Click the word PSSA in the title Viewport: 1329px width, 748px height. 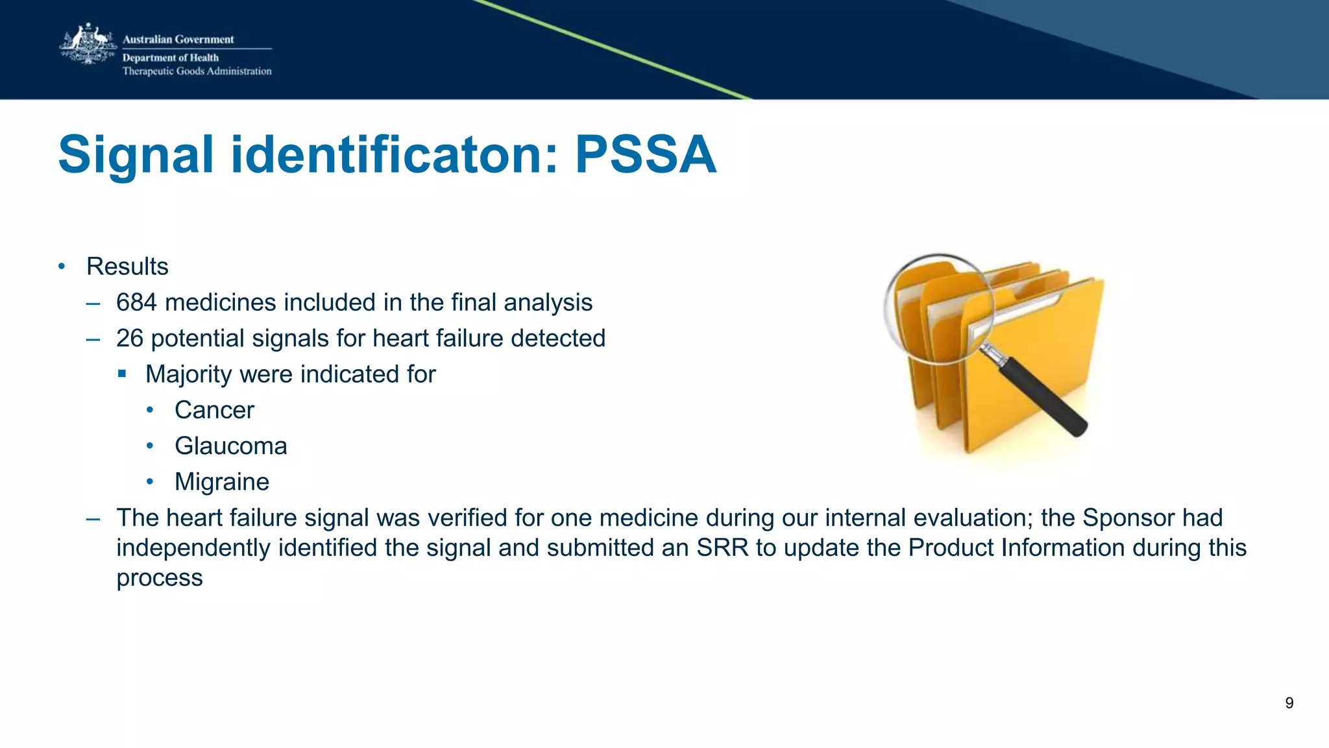(x=646, y=155)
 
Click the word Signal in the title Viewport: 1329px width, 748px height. (x=136, y=155)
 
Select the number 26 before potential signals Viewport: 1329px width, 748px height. (x=129, y=339)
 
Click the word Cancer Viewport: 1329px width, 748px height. (x=214, y=411)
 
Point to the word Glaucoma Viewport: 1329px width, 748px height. (x=230, y=446)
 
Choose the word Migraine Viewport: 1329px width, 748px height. (x=221, y=482)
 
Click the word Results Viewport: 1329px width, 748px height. (x=127, y=267)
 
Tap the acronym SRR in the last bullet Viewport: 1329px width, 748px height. (x=722, y=548)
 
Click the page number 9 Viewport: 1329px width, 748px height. (x=1289, y=703)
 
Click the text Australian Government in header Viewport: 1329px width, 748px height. (x=178, y=40)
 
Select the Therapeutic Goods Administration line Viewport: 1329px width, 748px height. (x=197, y=71)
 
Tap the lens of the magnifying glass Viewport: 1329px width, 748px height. (x=938, y=308)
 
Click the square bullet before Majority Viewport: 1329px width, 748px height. (x=122, y=374)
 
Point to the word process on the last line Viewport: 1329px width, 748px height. (x=159, y=578)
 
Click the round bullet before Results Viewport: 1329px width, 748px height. (x=62, y=266)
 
